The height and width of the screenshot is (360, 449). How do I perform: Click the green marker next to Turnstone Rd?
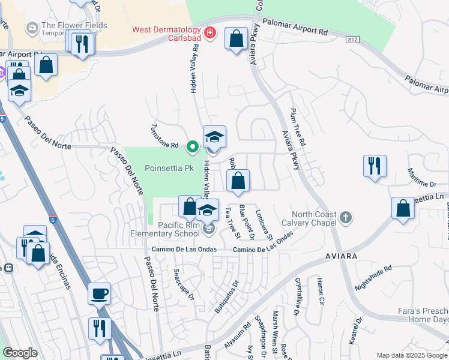(x=193, y=146)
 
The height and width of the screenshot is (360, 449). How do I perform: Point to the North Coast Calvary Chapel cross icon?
(x=345, y=217)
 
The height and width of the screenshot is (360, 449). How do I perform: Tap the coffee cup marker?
(x=100, y=294)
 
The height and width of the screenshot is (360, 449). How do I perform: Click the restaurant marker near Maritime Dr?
(x=375, y=166)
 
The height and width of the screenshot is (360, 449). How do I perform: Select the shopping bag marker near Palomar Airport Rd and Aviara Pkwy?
(x=237, y=39)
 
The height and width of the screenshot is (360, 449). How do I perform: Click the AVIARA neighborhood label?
(x=342, y=256)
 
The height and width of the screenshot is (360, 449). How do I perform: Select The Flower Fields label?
(x=75, y=26)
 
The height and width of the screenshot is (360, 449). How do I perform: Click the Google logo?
(x=20, y=353)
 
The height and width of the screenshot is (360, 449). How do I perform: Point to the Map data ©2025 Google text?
(x=412, y=355)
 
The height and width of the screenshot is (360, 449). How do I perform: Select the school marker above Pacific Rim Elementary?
(x=208, y=211)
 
